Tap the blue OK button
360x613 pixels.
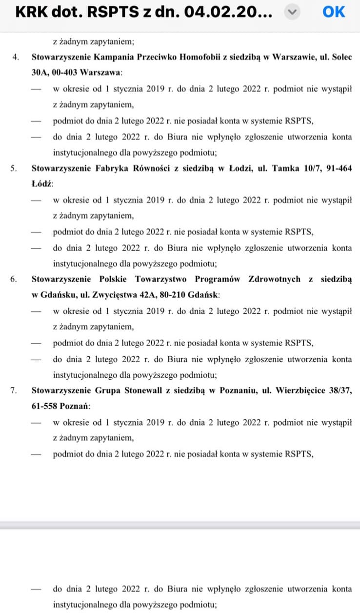pyautogui.click(x=334, y=12)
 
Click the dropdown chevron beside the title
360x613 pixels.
pyautogui.click(x=292, y=12)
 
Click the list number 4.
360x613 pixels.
pyautogui.click(x=16, y=57)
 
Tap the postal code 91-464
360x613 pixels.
pyautogui.click(x=337, y=168)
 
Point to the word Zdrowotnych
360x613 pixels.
pyautogui.click(x=274, y=279)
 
